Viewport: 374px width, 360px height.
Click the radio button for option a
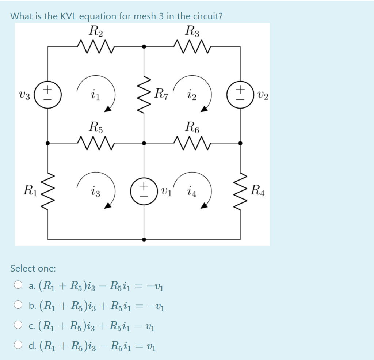[x=18, y=285]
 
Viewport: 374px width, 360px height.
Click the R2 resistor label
[x=96, y=31]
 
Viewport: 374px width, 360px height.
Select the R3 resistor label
[x=192, y=31]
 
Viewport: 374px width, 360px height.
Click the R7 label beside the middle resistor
[x=161, y=94]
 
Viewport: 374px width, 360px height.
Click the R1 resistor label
[x=30, y=190]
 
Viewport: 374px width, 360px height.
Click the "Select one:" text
[x=33, y=269]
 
